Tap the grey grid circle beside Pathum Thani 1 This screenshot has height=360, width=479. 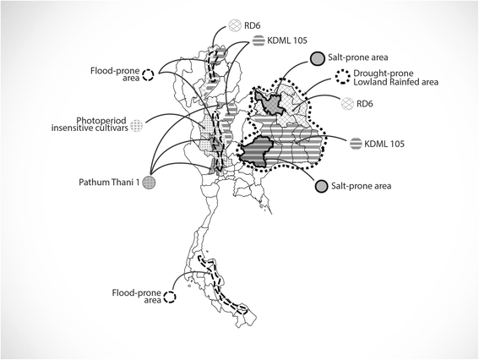click(x=149, y=183)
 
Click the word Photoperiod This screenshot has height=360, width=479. click(x=101, y=120)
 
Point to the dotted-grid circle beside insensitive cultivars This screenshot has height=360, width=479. click(x=137, y=126)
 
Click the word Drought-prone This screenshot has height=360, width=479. click(x=384, y=74)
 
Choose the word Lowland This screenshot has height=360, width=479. click(x=370, y=82)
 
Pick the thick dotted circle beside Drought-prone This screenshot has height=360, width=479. click(x=343, y=77)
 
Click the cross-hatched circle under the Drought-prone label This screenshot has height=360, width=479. click(x=348, y=103)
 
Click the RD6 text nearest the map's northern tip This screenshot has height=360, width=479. click(x=252, y=25)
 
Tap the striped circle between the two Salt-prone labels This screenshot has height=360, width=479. click(x=356, y=144)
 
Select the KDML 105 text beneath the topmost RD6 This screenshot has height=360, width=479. click(x=287, y=41)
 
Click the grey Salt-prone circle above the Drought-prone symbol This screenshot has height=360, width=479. click(x=318, y=58)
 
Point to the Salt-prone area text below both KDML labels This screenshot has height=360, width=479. click(x=362, y=186)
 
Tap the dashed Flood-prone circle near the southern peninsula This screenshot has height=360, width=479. click(x=170, y=297)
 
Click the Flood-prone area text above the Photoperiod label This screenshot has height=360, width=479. click(x=115, y=74)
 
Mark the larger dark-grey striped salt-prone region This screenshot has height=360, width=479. click(x=254, y=150)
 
